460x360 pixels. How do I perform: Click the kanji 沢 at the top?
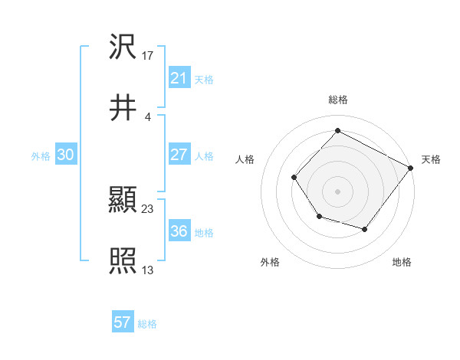tap(123, 47)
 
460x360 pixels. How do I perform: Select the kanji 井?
tap(123, 107)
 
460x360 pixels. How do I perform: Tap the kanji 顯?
tap(123, 201)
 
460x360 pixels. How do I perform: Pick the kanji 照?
tap(123, 261)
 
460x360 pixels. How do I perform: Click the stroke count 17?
tap(148, 56)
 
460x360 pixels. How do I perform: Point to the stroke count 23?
tap(148, 208)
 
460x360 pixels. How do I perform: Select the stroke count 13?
tap(148, 270)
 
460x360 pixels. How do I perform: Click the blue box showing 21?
tap(179, 78)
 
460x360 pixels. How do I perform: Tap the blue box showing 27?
tap(179, 154)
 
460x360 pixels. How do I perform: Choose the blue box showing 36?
tap(179, 231)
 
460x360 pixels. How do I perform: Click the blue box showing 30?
tap(65, 155)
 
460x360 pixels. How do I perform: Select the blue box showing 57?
tap(122, 322)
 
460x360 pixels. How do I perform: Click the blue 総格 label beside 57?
tap(147, 324)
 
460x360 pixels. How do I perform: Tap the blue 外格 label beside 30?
tap(41, 156)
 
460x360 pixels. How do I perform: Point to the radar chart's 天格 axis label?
tap(431, 160)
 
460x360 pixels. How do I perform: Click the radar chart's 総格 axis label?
tap(338, 100)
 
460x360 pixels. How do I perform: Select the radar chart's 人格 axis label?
tap(245, 160)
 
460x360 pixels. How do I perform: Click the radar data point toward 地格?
tap(365, 229)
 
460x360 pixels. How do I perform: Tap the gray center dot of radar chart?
tap(338, 191)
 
